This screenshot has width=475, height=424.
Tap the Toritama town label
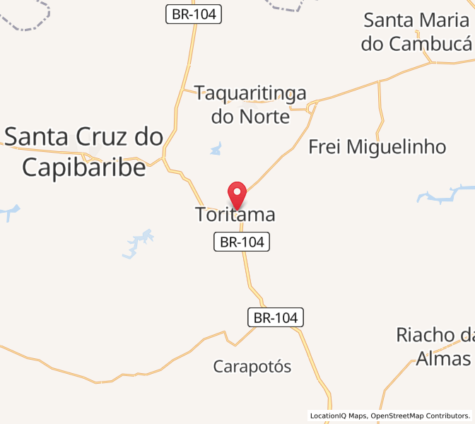tap(235, 215)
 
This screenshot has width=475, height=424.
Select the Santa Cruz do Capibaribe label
tap(84, 151)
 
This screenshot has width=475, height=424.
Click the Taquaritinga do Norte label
tap(251, 105)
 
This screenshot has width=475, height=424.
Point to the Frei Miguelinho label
tap(377, 147)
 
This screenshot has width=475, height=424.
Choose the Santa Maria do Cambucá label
tap(416, 32)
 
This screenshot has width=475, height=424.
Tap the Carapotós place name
tap(252, 366)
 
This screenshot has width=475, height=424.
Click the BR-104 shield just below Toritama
tap(242, 242)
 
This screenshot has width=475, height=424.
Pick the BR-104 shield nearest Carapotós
tap(276, 318)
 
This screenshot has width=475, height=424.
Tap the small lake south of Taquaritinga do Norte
tap(216, 149)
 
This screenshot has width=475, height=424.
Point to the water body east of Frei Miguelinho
tap(445, 193)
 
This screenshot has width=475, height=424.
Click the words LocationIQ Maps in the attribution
tap(338, 416)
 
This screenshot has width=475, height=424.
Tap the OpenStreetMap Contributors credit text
tap(420, 416)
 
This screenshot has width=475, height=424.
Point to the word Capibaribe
tap(84, 167)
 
